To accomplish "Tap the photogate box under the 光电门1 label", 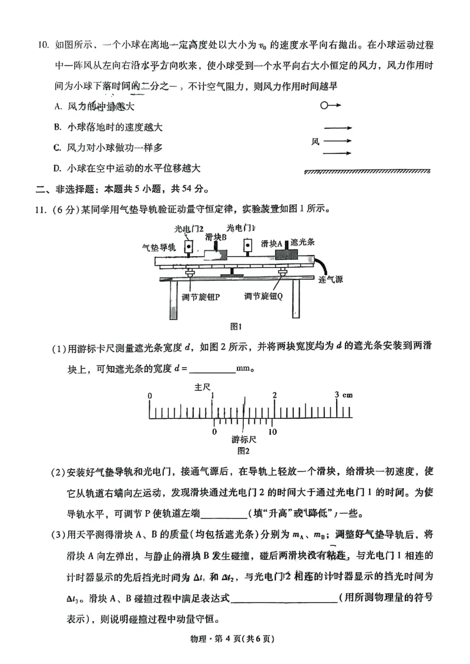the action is pos(249,244).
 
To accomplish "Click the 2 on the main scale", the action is pos(274,395).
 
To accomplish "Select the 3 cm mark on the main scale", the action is pos(343,395).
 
